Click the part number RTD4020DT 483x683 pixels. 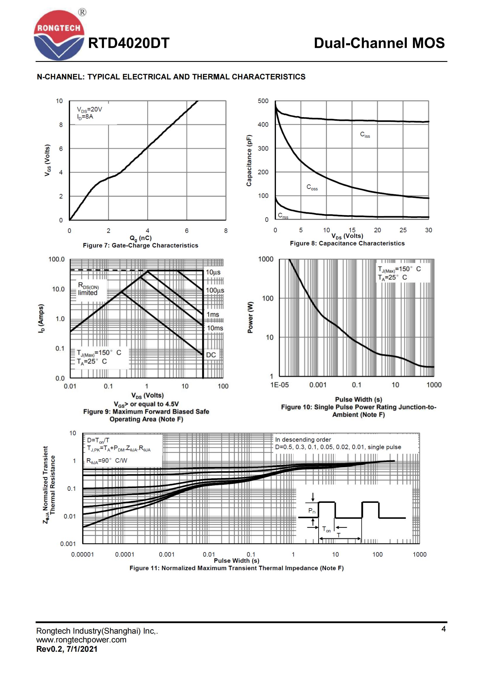pyautogui.click(x=128, y=43)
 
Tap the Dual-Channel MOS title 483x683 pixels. pyautogui.click(x=379, y=43)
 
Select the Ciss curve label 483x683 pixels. pyautogui.click(x=365, y=135)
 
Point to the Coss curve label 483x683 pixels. pyautogui.click(x=312, y=187)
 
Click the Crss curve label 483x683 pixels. pyautogui.click(x=283, y=216)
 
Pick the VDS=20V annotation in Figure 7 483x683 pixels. pyautogui.click(x=89, y=110)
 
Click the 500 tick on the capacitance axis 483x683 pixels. pyautogui.click(x=263, y=101)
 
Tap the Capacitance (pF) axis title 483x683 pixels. pyautogui.click(x=249, y=161)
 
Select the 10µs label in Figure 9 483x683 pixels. pyautogui.click(x=213, y=272)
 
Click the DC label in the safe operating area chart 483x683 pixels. pyautogui.click(x=211, y=355)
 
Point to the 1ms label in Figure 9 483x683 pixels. pyautogui.click(x=213, y=315)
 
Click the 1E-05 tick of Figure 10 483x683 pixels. pyautogui.click(x=279, y=385)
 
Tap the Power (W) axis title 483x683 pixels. pyautogui.click(x=251, y=317)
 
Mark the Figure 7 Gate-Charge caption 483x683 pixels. pyautogui.click(x=140, y=245)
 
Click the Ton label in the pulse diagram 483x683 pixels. pyautogui.click(x=326, y=529)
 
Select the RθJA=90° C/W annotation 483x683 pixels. pyautogui.click(x=107, y=461)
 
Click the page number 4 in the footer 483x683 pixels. pyautogui.click(x=444, y=629)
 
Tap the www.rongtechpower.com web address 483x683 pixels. pyautogui.click(x=81, y=639)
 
